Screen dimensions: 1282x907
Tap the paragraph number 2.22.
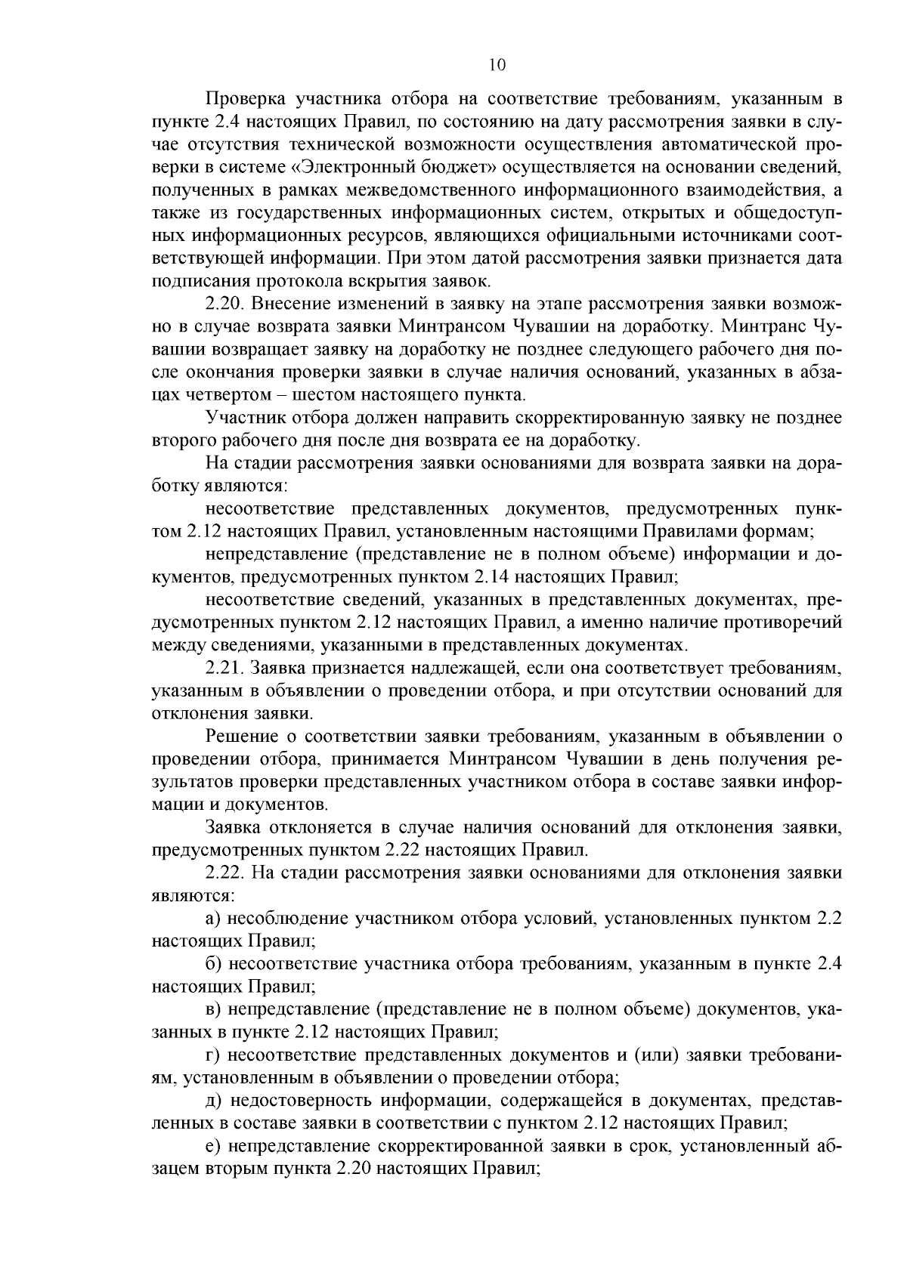tap(224, 873)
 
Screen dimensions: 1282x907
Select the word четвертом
tap(231, 395)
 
